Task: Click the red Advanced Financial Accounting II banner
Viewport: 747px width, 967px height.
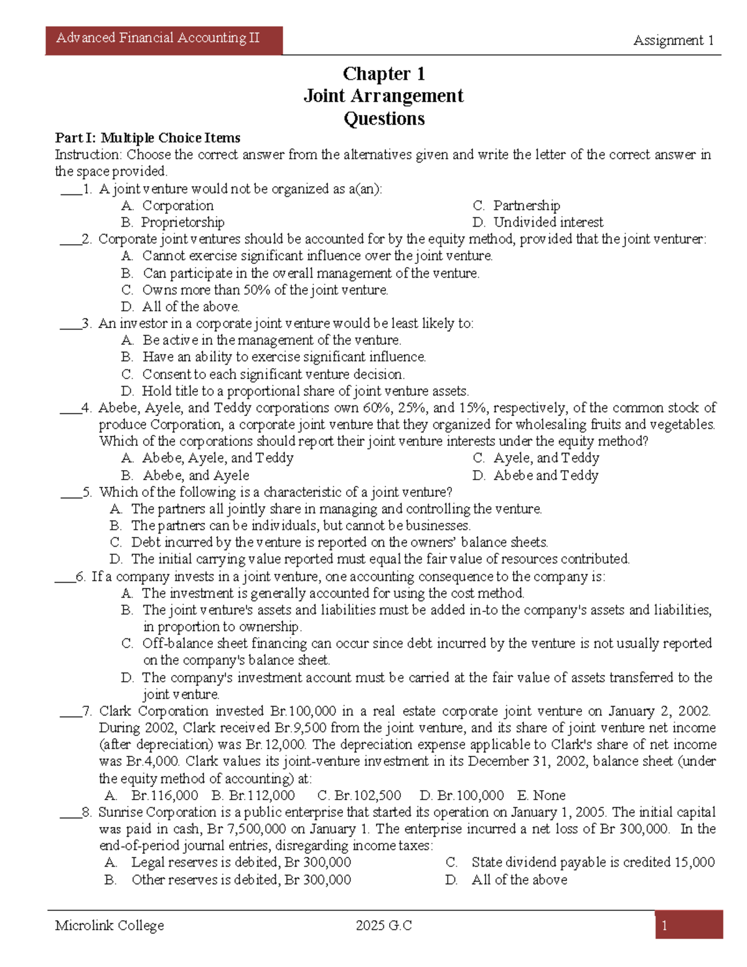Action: pos(164,40)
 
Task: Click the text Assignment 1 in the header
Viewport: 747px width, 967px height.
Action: pos(673,40)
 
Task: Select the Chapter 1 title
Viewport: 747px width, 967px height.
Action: pos(383,74)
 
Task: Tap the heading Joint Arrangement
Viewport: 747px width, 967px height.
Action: pos(383,96)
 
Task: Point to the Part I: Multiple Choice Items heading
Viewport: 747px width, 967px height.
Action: pos(148,138)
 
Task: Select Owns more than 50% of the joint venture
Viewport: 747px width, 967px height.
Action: pos(265,290)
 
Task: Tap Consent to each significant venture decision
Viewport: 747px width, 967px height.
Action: pos(273,374)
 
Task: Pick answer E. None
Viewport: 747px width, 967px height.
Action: pos(541,795)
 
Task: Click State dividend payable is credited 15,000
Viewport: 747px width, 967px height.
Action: pos(593,862)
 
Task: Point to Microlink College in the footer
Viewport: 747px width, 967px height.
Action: pos(110,925)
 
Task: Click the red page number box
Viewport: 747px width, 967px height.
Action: pos(688,925)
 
